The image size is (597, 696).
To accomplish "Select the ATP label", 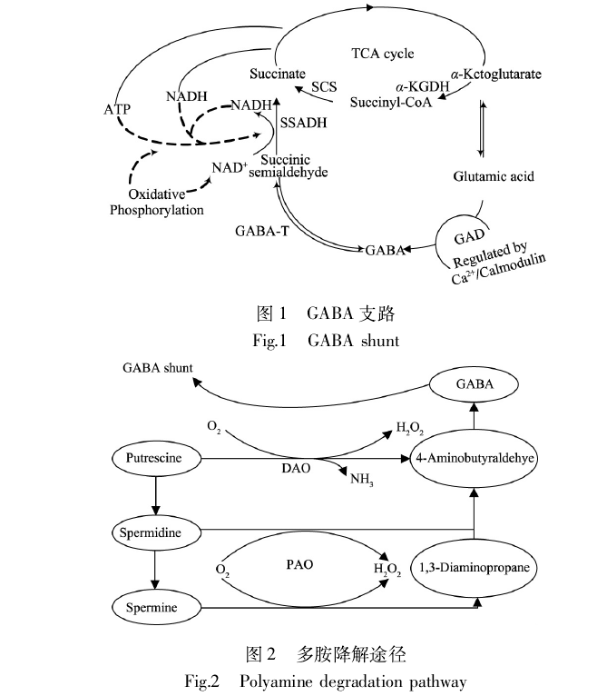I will click(x=117, y=109).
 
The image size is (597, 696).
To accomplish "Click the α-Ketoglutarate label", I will click(x=496, y=71).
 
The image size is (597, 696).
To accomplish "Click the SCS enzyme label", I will click(x=324, y=87).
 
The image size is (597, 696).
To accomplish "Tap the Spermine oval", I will click(x=151, y=603).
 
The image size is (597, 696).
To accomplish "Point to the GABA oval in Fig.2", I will click(x=475, y=384).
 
